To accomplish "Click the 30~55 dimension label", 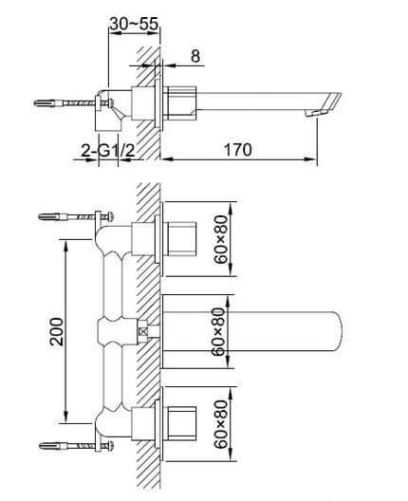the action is click(x=134, y=24).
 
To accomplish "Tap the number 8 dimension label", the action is click(x=195, y=56).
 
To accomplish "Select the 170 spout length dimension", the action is click(x=238, y=150).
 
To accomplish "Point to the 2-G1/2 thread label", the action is click(x=107, y=151).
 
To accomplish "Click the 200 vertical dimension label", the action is click(x=57, y=331).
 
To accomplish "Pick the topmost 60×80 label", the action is click(x=221, y=239).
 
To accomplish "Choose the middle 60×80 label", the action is click(x=219, y=332).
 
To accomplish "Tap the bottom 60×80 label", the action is click(x=221, y=424).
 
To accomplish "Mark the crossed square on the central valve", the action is click(x=143, y=331).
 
